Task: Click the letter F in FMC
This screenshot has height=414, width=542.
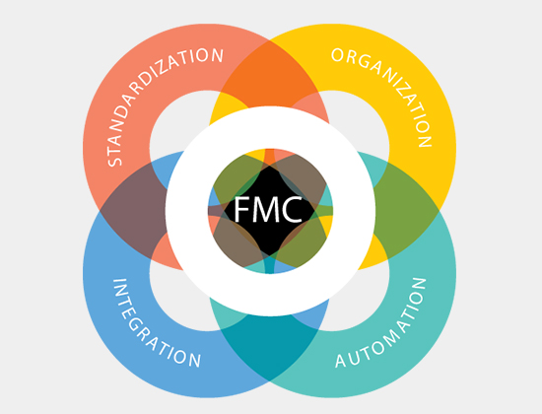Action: [x=242, y=209]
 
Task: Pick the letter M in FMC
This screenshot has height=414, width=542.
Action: [x=267, y=209]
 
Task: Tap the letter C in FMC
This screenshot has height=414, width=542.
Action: [x=293, y=209]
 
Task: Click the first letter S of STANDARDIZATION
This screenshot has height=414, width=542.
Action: [x=114, y=161]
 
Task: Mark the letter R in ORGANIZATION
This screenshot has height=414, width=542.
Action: [x=350, y=58]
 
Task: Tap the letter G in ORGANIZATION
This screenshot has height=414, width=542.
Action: [x=365, y=62]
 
